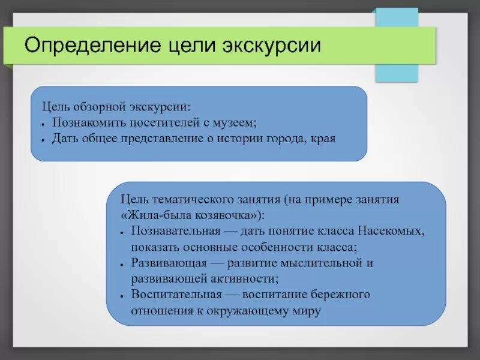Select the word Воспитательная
(x=176, y=295)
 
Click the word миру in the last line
(x=308, y=311)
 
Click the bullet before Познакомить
(x=44, y=124)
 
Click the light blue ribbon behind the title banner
(x=396, y=72)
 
